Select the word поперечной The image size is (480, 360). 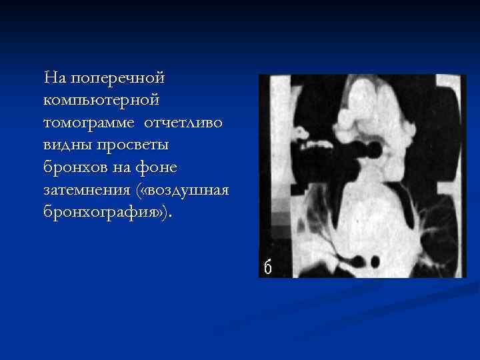tap(117, 79)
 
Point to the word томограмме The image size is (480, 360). tap(86, 124)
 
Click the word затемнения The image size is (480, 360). tap(87, 191)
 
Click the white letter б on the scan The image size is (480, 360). tap(267, 267)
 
